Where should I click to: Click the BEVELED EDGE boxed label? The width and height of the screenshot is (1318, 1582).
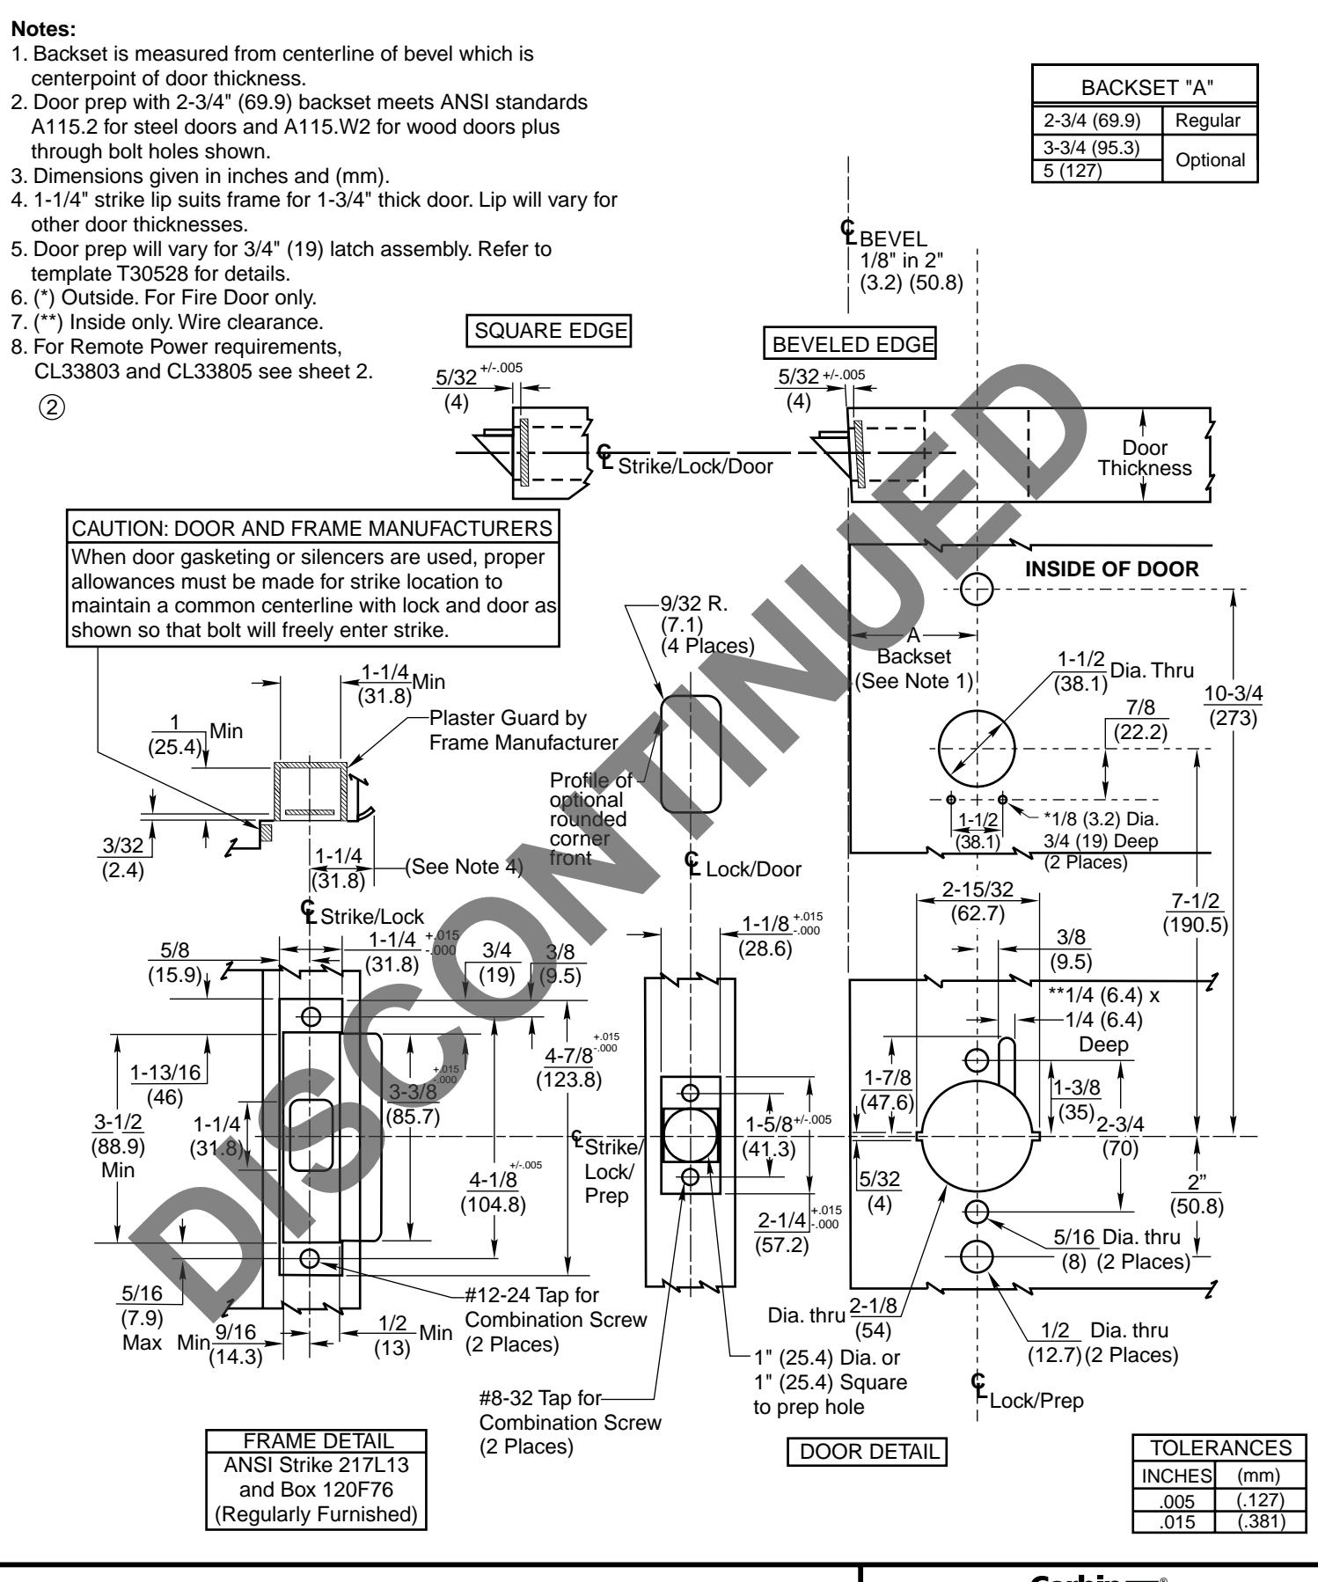[x=849, y=346]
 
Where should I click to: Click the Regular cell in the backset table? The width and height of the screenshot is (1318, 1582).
[x=1206, y=121]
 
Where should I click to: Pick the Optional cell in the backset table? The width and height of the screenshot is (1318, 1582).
[x=1206, y=159]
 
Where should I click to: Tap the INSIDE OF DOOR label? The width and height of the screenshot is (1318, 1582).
[x=1111, y=569]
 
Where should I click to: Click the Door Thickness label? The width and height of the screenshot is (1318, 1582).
[x=1144, y=458]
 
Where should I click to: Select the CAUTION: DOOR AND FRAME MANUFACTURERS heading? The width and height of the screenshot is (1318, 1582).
[x=314, y=529]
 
